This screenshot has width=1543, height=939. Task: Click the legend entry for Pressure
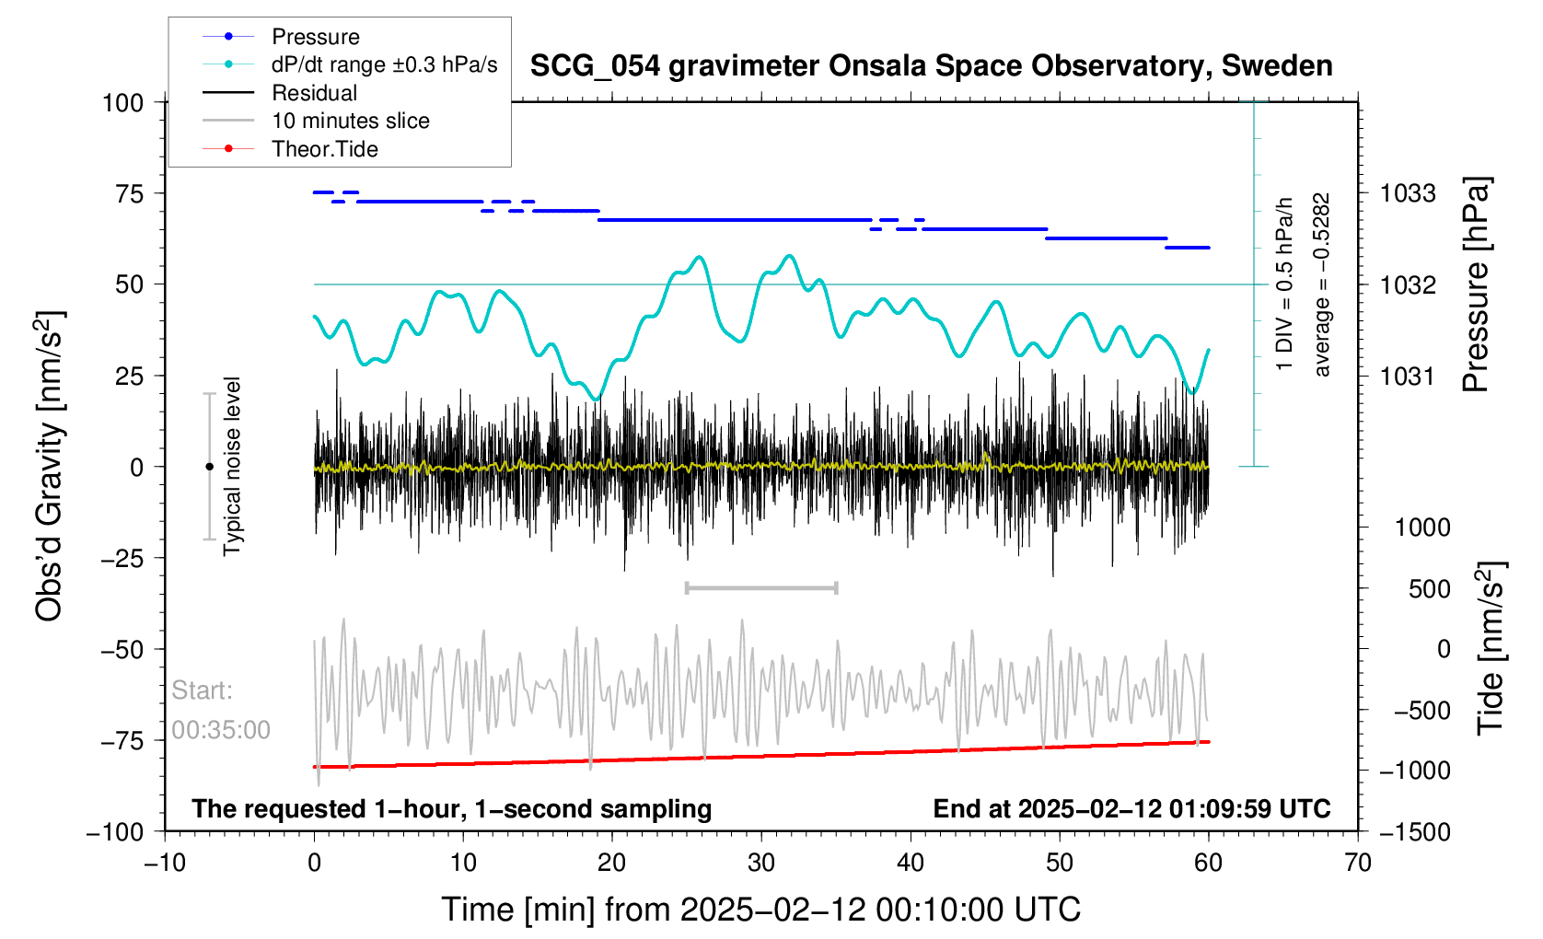point(315,37)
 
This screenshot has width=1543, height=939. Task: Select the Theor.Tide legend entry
point(324,149)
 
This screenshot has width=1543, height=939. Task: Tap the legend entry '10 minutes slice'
point(350,121)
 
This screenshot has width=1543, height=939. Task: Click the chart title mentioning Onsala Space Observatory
point(931,66)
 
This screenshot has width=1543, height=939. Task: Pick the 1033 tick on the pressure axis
point(1408,193)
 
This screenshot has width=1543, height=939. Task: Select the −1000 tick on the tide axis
point(1413,771)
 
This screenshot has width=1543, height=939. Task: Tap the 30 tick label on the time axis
point(761,863)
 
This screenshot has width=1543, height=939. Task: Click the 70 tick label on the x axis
point(1358,863)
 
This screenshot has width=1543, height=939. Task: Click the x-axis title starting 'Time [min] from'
point(760,910)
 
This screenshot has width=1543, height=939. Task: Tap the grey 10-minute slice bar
point(761,587)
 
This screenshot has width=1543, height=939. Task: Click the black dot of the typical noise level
point(209,467)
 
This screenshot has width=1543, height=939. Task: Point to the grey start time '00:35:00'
point(221,730)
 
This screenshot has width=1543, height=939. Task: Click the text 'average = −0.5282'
point(1322,284)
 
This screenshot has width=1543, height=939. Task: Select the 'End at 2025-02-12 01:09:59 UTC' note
point(1131,809)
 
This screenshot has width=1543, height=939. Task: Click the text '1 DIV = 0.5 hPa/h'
point(1284,284)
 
